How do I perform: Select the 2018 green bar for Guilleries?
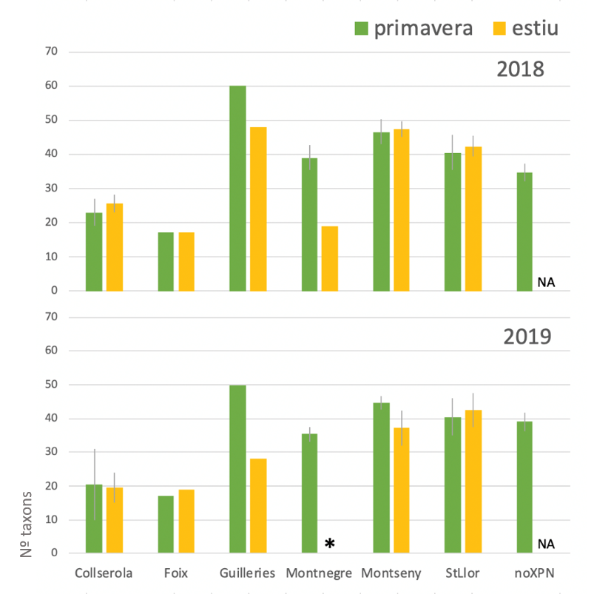pos(237,189)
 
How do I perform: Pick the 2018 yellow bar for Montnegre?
pos(330,259)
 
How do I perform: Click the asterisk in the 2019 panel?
pos(330,544)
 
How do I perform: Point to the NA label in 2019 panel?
pos(546,544)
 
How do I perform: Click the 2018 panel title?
pos(520,70)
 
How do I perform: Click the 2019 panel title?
pos(527,337)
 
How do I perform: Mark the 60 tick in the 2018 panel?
pos(51,86)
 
